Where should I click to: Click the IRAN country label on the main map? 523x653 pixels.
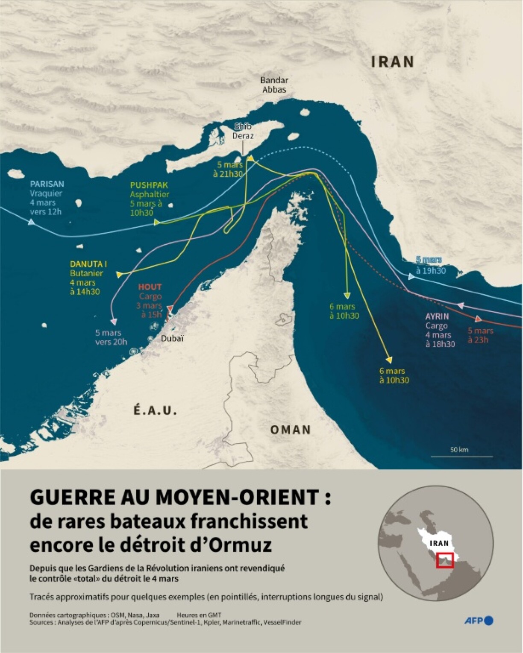[x=393, y=62]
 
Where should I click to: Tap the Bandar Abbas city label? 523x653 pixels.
[x=274, y=85]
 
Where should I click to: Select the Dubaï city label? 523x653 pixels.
[x=173, y=338]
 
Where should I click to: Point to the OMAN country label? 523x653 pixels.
[x=291, y=430]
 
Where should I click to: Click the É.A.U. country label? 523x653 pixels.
[x=155, y=411]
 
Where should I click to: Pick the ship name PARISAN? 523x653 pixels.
[x=47, y=184]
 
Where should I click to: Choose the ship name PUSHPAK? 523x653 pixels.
[x=149, y=185]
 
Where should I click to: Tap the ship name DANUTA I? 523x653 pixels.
[x=89, y=264]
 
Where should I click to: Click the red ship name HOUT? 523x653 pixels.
[x=150, y=287]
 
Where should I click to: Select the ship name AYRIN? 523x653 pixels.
[x=437, y=316]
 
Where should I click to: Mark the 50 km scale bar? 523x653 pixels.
[x=461, y=455]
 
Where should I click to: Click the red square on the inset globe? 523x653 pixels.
[x=445, y=560]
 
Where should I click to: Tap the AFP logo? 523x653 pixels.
[x=479, y=621]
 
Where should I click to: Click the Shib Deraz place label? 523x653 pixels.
[x=243, y=131]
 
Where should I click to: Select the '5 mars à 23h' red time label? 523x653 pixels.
[x=480, y=335]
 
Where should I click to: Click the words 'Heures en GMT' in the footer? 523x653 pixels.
[x=199, y=615]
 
